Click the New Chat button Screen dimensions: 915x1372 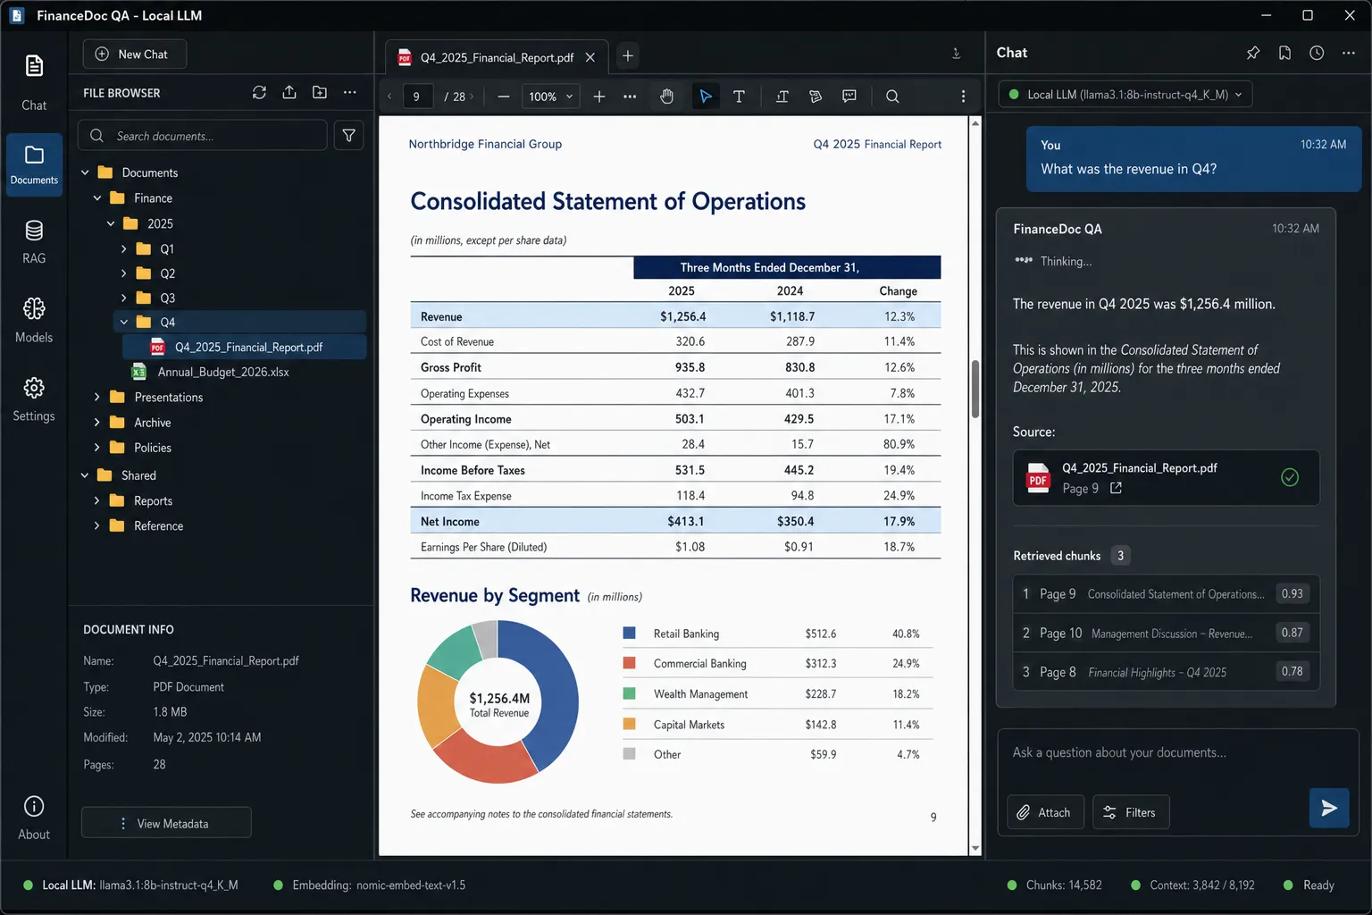tap(134, 55)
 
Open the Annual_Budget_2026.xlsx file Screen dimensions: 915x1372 tap(222, 372)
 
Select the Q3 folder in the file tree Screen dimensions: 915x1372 tap(167, 298)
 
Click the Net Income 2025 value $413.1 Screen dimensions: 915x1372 tap(685, 522)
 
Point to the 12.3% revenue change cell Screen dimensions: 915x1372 tap(899, 317)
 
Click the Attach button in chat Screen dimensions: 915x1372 tap(1044, 812)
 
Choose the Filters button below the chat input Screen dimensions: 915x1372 tap(1130, 812)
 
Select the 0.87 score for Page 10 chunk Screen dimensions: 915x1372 tap(1292, 633)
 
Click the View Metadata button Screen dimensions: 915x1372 tap(166, 823)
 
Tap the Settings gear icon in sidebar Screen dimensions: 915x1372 tap(34, 388)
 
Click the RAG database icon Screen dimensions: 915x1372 tap(34, 231)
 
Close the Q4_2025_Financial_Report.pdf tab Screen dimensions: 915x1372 tap(590, 57)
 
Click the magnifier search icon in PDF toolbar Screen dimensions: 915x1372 tap(891, 97)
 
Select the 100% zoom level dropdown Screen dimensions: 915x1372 tap(550, 97)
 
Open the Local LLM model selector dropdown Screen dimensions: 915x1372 tap(1125, 95)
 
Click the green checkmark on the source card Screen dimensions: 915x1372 tap(1289, 477)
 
